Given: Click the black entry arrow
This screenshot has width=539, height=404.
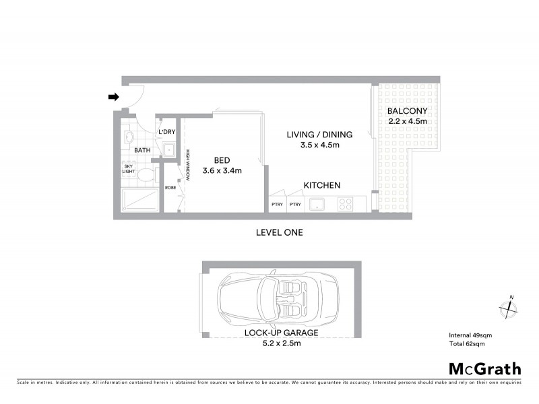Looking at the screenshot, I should coord(113,97).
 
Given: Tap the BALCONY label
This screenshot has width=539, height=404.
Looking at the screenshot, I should coord(408,111).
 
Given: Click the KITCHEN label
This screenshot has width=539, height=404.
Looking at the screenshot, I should coord(321,185).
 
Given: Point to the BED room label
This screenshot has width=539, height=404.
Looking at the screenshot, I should coord(222,160).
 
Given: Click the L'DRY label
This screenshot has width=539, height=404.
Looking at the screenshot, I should coord(166,132).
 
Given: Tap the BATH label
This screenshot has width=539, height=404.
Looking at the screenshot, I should coord(142,150).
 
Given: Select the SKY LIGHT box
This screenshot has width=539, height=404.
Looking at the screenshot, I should coord(128,168).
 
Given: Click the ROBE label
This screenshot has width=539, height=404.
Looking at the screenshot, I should coord(170,187).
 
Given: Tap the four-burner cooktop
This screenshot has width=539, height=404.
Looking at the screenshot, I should coord(346,203).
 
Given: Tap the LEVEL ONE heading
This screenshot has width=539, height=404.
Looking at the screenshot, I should coord(280,232).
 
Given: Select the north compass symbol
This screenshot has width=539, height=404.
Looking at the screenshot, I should coord(508,308).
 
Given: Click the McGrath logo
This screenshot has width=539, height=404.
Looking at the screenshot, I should coord(484,368).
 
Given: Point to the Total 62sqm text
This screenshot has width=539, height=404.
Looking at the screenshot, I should coord(467,343).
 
